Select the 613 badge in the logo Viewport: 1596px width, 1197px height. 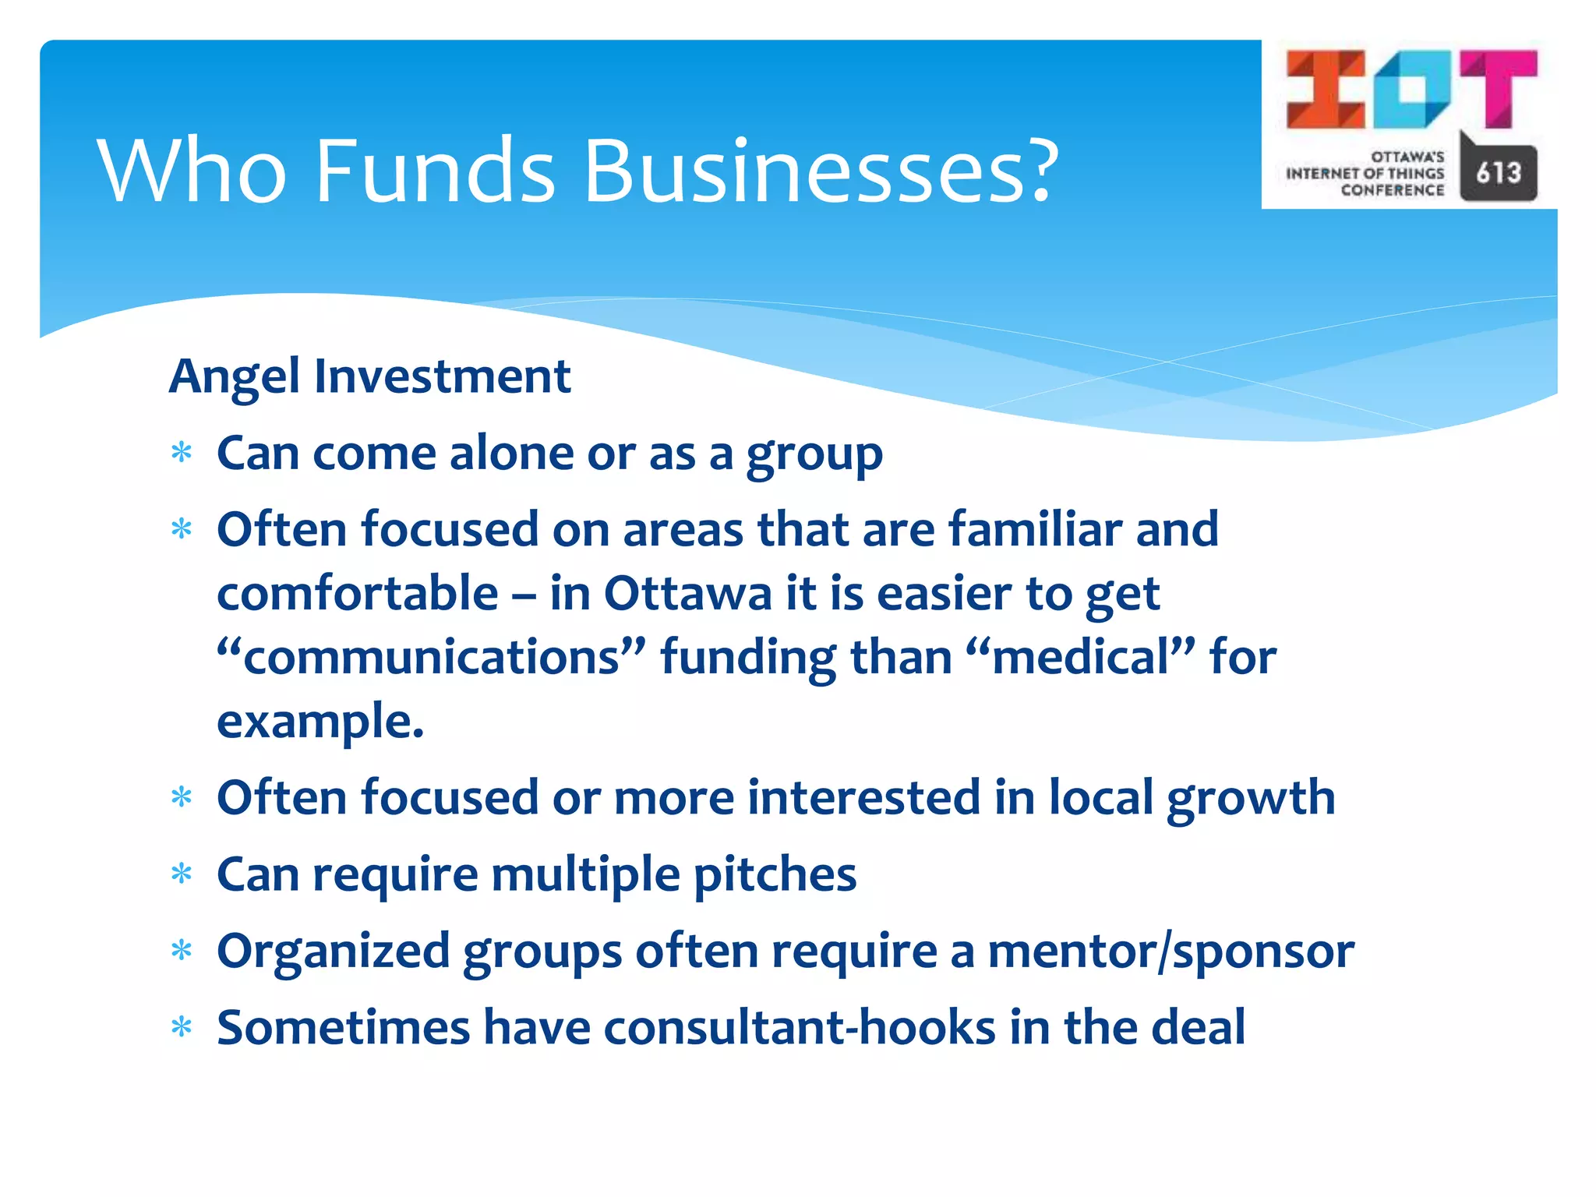(x=1498, y=172)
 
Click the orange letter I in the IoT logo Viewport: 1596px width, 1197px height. (x=1325, y=89)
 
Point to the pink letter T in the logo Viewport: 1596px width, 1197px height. (x=1498, y=87)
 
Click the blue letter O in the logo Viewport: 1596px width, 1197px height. (x=1411, y=89)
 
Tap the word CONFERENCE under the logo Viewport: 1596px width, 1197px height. (x=1392, y=190)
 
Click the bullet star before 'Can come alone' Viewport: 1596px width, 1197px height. (x=182, y=453)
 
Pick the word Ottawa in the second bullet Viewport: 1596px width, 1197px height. (x=687, y=594)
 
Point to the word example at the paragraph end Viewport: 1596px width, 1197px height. (x=320, y=722)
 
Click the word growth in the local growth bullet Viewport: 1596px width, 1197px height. (x=1250, y=799)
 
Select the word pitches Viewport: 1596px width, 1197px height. (x=775, y=875)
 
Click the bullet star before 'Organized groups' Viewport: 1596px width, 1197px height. (x=182, y=951)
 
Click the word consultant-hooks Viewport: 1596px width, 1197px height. (x=799, y=1028)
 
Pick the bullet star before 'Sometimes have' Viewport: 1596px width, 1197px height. (x=182, y=1028)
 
